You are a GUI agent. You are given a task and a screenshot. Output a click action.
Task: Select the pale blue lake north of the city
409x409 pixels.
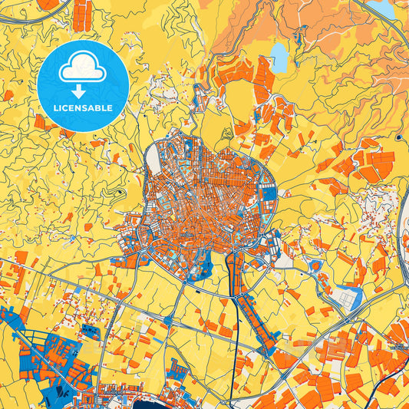pos(279,55)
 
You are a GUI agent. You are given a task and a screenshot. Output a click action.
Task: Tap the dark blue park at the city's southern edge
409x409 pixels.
pos(203,265)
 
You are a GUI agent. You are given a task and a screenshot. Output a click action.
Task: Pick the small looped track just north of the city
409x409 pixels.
pos(227,133)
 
